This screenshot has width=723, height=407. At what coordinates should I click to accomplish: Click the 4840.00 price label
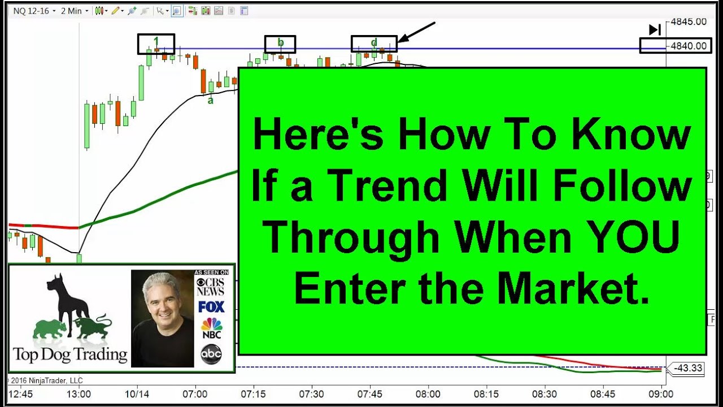click(689, 46)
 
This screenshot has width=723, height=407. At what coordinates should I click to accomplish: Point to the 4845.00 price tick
click(689, 22)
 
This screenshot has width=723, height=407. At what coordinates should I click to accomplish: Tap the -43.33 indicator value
click(688, 368)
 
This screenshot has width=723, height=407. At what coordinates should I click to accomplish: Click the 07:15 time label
click(253, 393)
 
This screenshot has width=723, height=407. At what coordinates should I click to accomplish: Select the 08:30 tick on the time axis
click(544, 393)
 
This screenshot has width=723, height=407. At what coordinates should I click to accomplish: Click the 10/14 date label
click(136, 393)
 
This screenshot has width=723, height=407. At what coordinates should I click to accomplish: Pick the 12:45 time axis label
click(20, 393)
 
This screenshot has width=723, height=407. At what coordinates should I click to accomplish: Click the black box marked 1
click(156, 44)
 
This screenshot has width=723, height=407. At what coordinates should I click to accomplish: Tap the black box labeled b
click(280, 44)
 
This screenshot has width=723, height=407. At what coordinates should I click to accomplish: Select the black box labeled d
click(374, 44)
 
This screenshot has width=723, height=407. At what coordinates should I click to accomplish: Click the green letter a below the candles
click(211, 101)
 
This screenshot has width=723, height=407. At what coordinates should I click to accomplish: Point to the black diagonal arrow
click(416, 32)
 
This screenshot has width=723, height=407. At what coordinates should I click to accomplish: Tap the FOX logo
click(211, 307)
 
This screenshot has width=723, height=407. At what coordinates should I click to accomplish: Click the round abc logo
click(211, 354)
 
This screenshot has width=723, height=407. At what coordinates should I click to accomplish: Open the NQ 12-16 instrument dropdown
click(34, 11)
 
